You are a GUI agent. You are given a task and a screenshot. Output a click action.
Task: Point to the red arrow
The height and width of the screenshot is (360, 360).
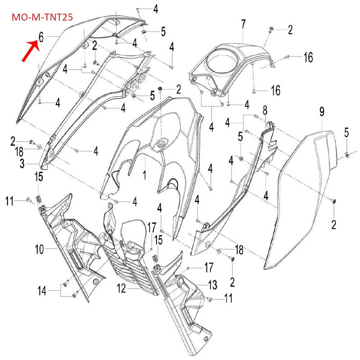27,49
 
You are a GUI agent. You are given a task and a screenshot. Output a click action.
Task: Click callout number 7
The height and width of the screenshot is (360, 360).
243,23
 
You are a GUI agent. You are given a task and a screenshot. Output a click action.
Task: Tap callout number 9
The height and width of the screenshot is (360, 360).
322,111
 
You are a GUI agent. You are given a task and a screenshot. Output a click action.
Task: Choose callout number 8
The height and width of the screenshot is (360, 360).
265,110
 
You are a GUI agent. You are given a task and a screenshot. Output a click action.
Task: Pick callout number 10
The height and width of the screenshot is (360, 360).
40,248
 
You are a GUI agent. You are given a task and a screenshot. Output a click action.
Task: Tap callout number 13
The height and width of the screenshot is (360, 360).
212,284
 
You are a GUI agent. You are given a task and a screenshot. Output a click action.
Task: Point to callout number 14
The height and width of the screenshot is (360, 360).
42,291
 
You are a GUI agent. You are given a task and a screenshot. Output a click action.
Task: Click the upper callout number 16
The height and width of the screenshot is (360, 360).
308,58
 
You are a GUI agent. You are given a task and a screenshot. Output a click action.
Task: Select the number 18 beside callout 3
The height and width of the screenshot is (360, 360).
20,152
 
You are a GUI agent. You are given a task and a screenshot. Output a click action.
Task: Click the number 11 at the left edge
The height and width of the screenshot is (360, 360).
9,199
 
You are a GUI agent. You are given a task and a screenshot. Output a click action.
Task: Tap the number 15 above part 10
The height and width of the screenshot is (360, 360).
39,177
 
